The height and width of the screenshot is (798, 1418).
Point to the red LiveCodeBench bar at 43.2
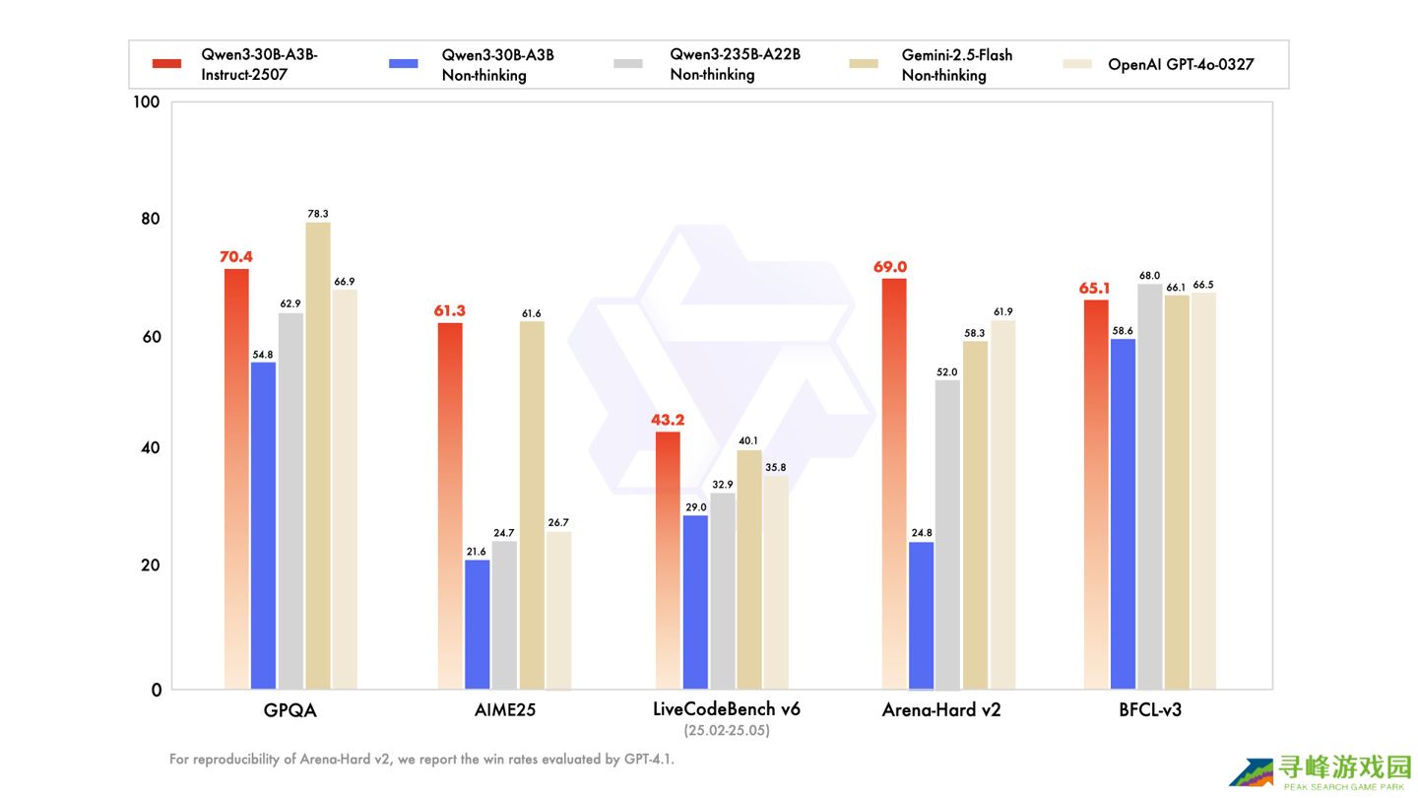point(667,561)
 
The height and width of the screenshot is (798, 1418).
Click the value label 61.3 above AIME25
point(449,311)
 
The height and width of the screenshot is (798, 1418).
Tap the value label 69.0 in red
point(889,267)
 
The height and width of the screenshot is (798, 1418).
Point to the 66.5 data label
point(1203,285)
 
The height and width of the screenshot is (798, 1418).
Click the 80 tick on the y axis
point(151,219)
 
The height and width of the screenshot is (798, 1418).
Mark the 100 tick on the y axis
point(147,102)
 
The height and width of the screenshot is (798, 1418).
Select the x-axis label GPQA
point(290,710)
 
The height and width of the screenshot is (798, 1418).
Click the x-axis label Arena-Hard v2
point(940,710)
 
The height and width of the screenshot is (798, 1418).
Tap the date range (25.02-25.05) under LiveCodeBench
point(727,731)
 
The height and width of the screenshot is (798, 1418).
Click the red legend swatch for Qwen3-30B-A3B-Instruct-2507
point(166,64)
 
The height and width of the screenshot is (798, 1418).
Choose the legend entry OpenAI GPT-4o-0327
point(1181,64)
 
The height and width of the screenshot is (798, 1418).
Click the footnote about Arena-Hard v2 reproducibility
point(421,760)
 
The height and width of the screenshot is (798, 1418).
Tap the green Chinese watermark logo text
point(1344,767)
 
